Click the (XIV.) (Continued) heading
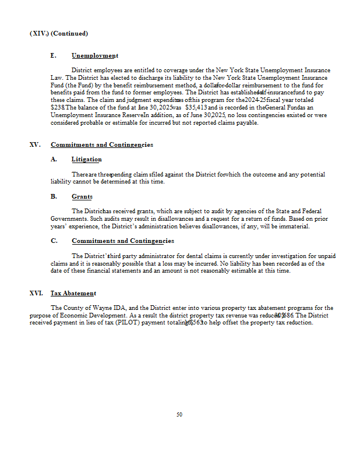click(x=59, y=33)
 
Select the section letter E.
click(x=54, y=56)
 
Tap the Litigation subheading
click(x=86, y=160)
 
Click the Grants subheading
click(x=82, y=197)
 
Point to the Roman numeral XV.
click(x=35, y=144)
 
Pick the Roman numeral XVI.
click(x=36, y=293)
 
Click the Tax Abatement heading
click(x=73, y=293)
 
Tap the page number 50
click(x=179, y=415)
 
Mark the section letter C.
click(x=54, y=241)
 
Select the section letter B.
click(x=54, y=197)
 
